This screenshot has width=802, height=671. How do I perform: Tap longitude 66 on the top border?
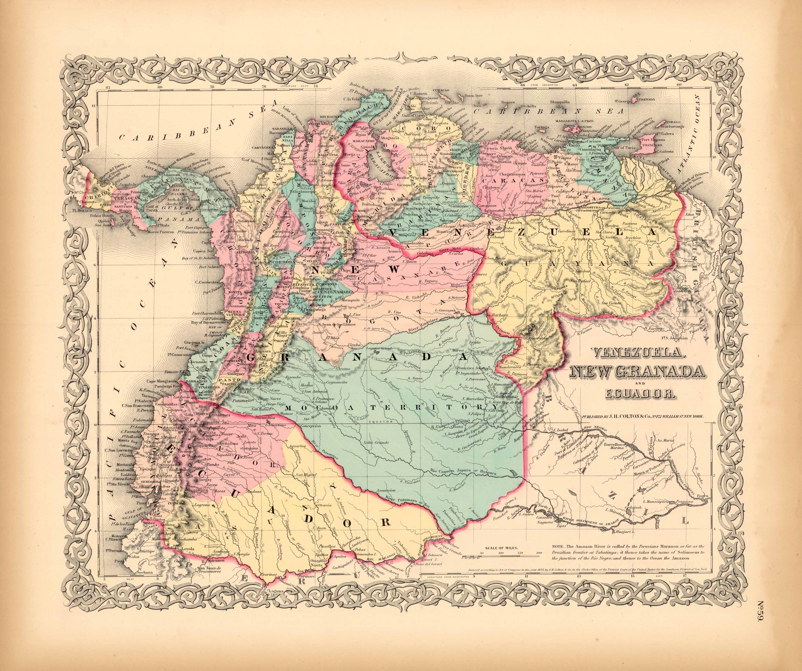(x=522, y=85)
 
